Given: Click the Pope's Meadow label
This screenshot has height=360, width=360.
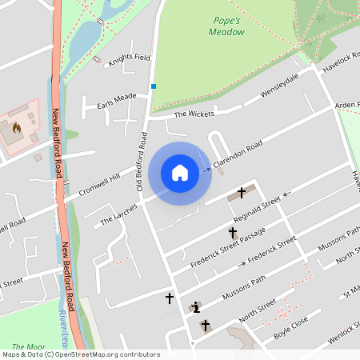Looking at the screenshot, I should [x=226, y=26].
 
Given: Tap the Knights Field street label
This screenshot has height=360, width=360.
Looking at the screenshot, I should [x=130, y=58].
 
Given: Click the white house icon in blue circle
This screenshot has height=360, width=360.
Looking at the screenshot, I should [x=179, y=173].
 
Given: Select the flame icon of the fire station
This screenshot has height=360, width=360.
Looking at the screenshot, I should [x=17, y=127].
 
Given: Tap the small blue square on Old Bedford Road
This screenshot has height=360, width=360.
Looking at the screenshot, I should [x=153, y=86].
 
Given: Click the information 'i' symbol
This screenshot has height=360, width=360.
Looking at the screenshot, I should [x=197, y=306].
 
